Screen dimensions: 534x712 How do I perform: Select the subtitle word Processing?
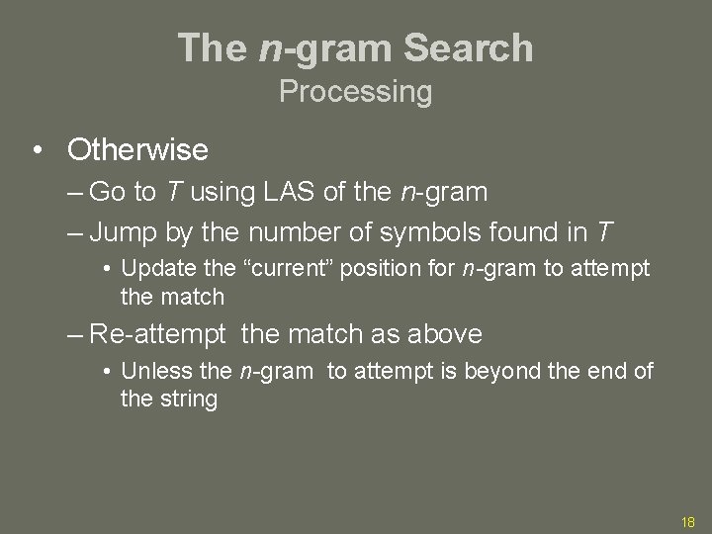pyautogui.click(x=355, y=92)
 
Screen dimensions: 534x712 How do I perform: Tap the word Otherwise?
pyautogui.click(x=137, y=150)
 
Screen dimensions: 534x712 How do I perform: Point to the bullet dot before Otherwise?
pyautogui.click(x=37, y=150)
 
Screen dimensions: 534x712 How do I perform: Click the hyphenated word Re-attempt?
pyautogui.click(x=156, y=334)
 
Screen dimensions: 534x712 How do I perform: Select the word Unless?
pyautogui.click(x=148, y=372)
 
